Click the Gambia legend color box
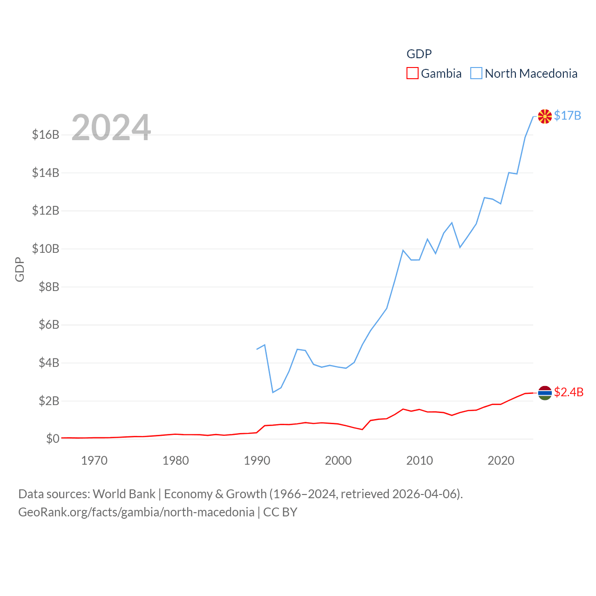[x=412, y=74]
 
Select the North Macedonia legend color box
[x=476, y=74]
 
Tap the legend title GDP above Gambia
[x=419, y=54]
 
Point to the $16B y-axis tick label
[x=46, y=135]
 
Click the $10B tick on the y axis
[x=46, y=249]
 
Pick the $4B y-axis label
[x=49, y=363]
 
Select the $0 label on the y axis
[x=53, y=439]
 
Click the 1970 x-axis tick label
[x=94, y=461]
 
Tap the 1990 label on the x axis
[x=257, y=461]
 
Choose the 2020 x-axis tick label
[x=501, y=461]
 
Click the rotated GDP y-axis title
[x=20, y=269]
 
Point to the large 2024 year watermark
[x=111, y=128]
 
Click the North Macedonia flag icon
[x=545, y=116]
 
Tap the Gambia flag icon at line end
[x=545, y=393]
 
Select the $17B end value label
[x=568, y=115]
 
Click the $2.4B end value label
[x=569, y=392]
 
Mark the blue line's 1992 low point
[x=273, y=393]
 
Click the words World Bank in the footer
[x=124, y=494]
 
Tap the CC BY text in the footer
[x=280, y=512]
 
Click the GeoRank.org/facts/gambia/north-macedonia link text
[x=136, y=512]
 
